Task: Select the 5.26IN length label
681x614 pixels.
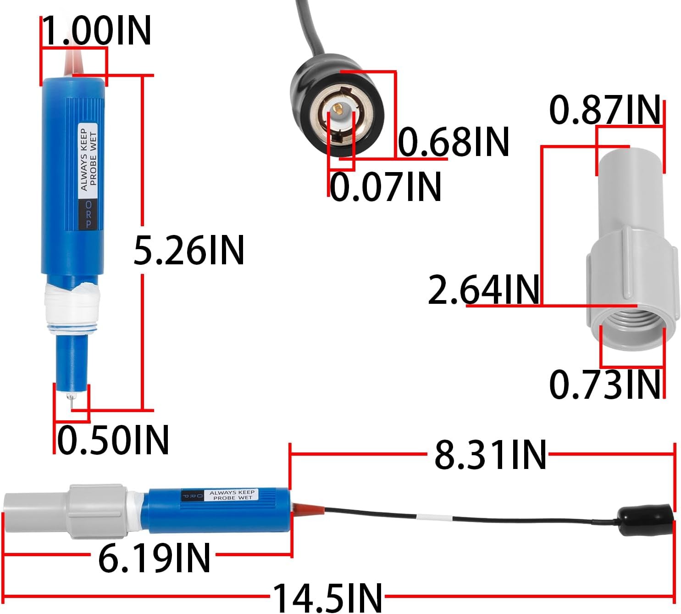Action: [x=188, y=251]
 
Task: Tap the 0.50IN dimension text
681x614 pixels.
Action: [x=113, y=440]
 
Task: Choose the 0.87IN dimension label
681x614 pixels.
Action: [x=604, y=110]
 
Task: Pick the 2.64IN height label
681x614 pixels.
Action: [x=483, y=290]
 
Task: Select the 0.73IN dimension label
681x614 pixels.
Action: [x=604, y=385]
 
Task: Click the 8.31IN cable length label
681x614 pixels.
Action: [x=490, y=455]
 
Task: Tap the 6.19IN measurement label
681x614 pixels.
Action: [x=154, y=557]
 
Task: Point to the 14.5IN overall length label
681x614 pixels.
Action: [x=327, y=597]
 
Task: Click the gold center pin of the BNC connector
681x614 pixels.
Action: [x=338, y=108]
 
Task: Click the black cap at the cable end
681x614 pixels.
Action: [x=646, y=520]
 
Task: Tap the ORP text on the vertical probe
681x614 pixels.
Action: [x=89, y=214]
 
